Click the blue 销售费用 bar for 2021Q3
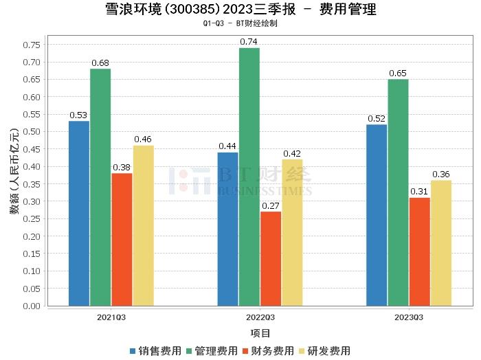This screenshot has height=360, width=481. point(79,213)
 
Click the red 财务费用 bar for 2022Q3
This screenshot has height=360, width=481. point(271,258)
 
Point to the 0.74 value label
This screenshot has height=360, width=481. point(249,42)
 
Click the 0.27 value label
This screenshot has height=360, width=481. point(271,205)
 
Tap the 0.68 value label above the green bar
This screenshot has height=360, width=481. point(100,63)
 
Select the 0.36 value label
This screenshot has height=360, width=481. point(441,175)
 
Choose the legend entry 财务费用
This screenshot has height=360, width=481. point(271,351)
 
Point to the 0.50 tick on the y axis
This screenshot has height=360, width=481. point(33,132)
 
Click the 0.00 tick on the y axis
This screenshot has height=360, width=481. point(33,306)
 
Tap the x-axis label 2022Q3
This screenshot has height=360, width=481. point(260,318)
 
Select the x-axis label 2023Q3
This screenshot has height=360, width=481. point(409,318)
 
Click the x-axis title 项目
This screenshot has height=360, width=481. point(260,334)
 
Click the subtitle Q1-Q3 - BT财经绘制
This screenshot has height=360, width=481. point(240,23)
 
